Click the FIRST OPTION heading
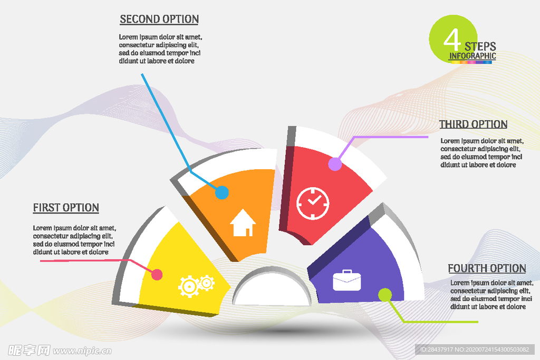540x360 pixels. click(x=66, y=208)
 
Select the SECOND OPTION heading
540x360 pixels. click(x=159, y=19)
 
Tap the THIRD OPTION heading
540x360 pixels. click(x=473, y=124)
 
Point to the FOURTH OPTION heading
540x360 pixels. click(x=487, y=268)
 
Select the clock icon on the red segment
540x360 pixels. click(x=313, y=203)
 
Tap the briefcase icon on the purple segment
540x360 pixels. click(x=347, y=280)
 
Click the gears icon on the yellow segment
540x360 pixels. click(x=196, y=286)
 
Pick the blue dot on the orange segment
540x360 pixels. click(x=222, y=193)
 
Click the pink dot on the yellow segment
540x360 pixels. click(x=157, y=275)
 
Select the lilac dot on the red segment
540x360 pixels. click(x=335, y=164)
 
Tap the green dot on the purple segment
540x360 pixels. click(x=385, y=295)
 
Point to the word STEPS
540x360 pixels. click(x=480, y=46)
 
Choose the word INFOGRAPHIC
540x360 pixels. click(x=472, y=56)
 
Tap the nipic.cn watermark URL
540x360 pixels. click(x=82, y=351)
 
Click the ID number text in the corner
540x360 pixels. click(x=474, y=349)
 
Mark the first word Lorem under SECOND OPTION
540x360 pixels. click(x=129, y=37)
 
